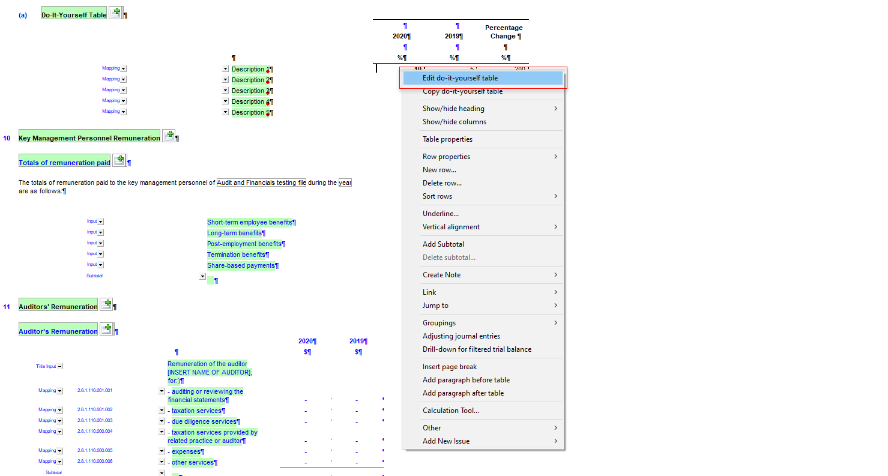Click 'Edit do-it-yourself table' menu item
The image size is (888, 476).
point(460,78)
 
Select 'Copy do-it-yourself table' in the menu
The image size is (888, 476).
point(462,91)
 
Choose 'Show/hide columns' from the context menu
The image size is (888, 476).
point(455,122)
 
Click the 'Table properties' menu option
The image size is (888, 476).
point(447,139)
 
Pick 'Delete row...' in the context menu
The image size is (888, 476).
point(442,183)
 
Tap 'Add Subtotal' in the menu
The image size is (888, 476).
point(443,244)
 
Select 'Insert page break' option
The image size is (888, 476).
point(450,367)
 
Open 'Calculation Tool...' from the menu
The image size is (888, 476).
point(451,411)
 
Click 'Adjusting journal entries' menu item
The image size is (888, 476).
point(461,336)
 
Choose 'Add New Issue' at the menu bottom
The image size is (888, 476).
point(446,441)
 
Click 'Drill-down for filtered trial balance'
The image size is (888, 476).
point(477,349)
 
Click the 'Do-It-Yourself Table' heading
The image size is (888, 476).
point(74,15)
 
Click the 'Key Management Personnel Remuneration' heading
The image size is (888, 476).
point(89,138)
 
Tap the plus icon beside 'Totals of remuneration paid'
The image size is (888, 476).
point(119,160)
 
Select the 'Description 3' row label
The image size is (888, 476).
point(249,91)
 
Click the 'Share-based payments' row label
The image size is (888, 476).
point(241,266)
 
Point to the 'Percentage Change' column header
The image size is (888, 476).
point(504,32)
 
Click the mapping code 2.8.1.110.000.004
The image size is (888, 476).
point(95,432)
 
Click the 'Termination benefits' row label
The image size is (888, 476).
point(236,255)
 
